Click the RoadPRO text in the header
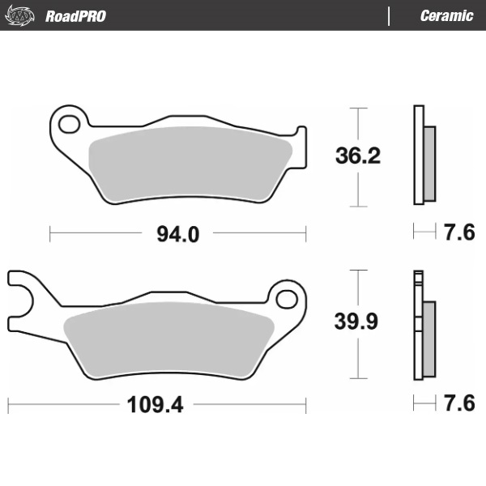point(75,16)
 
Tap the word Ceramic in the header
point(446,16)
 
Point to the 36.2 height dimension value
point(357,156)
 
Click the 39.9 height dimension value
point(357,322)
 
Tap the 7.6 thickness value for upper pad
point(458,233)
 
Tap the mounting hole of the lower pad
point(287,298)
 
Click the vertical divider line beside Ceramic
point(390,16)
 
